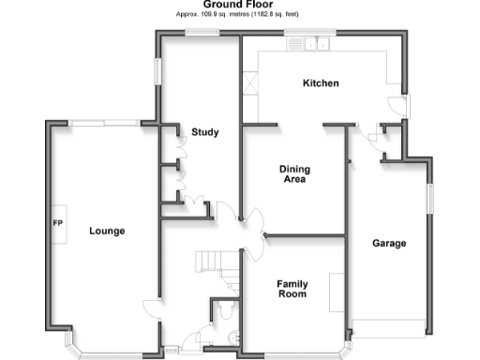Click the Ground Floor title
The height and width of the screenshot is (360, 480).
pyautogui.click(x=240, y=5)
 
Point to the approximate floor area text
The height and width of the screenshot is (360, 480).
pyautogui.click(x=240, y=15)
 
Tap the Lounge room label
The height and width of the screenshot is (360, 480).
pyautogui.click(x=107, y=230)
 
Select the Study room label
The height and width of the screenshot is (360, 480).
pyautogui.click(x=204, y=132)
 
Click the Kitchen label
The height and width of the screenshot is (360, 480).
pyautogui.click(x=320, y=83)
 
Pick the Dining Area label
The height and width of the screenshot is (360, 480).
pyautogui.click(x=294, y=174)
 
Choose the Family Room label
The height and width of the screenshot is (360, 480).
pyautogui.click(x=292, y=288)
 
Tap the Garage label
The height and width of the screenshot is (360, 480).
pyautogui.click(x=389, y=243)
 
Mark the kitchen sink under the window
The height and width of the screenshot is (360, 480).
pyautogui.click(x=308, y=42)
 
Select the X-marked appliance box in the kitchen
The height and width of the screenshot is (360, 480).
pyautogui.click(x=252, y=85)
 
